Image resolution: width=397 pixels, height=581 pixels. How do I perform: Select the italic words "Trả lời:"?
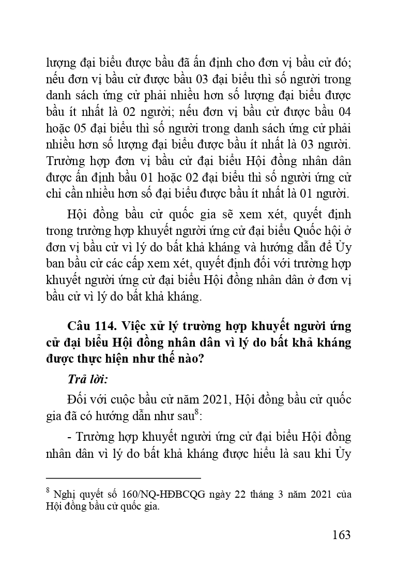tap(88, 380)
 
